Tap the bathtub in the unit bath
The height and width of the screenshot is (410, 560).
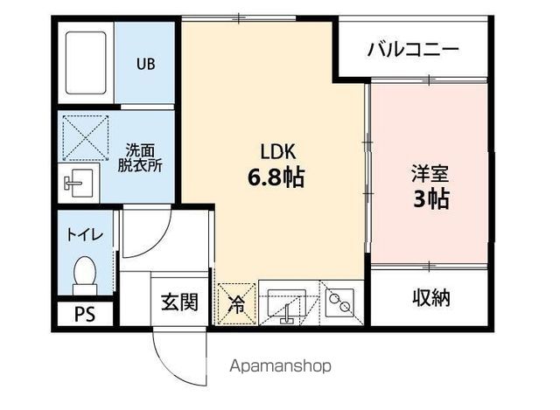tap(86, 63)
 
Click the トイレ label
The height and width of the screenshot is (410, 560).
tap(86, 234)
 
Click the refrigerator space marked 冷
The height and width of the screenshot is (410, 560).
tap(237, 303)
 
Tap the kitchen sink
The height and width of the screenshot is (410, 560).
tap(290, 304)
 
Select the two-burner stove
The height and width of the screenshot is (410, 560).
tap(340, 302)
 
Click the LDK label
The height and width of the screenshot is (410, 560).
tap(273, 148)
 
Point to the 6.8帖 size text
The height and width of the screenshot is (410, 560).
tap(274, 177)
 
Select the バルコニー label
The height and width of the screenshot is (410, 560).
tap(412, 49)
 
